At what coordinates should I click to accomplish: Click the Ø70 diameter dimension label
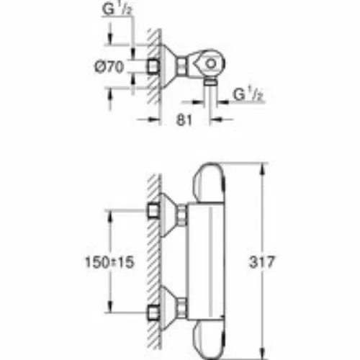click(x=109, y=67)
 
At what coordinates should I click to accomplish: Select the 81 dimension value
click(x=184, y=120)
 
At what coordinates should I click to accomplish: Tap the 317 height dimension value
click(x=261, y=262)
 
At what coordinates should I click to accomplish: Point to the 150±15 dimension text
click(x=109, y=262)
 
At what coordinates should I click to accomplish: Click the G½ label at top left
click(x=117, y=10)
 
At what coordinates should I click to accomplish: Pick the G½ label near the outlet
click(x=248, y=94)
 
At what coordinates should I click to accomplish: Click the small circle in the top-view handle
click(x=211, y=64)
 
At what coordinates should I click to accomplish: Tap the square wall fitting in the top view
click(x=153, y=66)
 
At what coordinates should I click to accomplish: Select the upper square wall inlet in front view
click(x=153, y=211)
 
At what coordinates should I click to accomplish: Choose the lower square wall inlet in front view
click(x=153, y=313)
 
